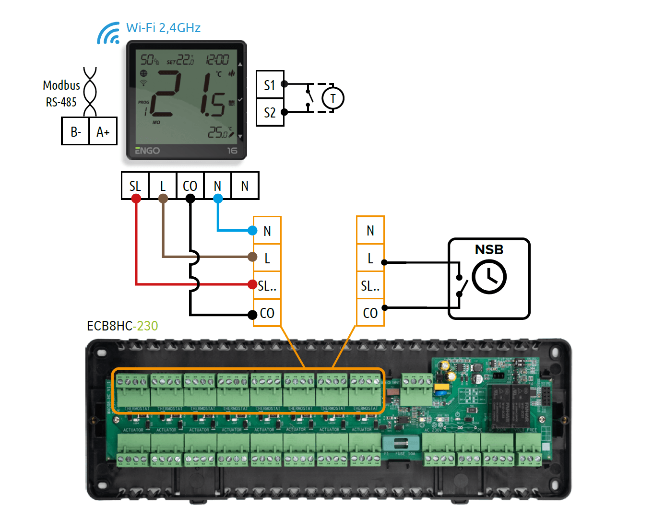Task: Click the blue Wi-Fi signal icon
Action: click(x=108, y=34)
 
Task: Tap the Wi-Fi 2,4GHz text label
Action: click(x=163, y=28)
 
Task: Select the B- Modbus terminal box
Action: click(x=75, y=131)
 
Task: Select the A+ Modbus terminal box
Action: click(x=103, y=131)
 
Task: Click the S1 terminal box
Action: click(x=270, y=85)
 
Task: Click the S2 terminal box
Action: click(x=270, y=113)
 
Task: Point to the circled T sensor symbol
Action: click(x=332, y=98)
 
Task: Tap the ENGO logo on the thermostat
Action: click(x=147, y=151)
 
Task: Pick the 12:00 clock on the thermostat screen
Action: click(x=217, y=59)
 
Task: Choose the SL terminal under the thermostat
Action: click(x=135, y=186)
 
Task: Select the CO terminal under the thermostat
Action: click(x=190, y=186)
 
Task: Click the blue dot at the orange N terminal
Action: click(x=252, y=231)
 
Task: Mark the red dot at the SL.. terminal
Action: click(x=252, y=284)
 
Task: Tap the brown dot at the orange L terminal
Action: click(x=252, y=257)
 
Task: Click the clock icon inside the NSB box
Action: click(x=489, y=277)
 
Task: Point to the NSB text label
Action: click(x=489, y=249)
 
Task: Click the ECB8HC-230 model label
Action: click(x=122, y=326)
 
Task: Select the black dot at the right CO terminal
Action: click(x=384, y=307)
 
